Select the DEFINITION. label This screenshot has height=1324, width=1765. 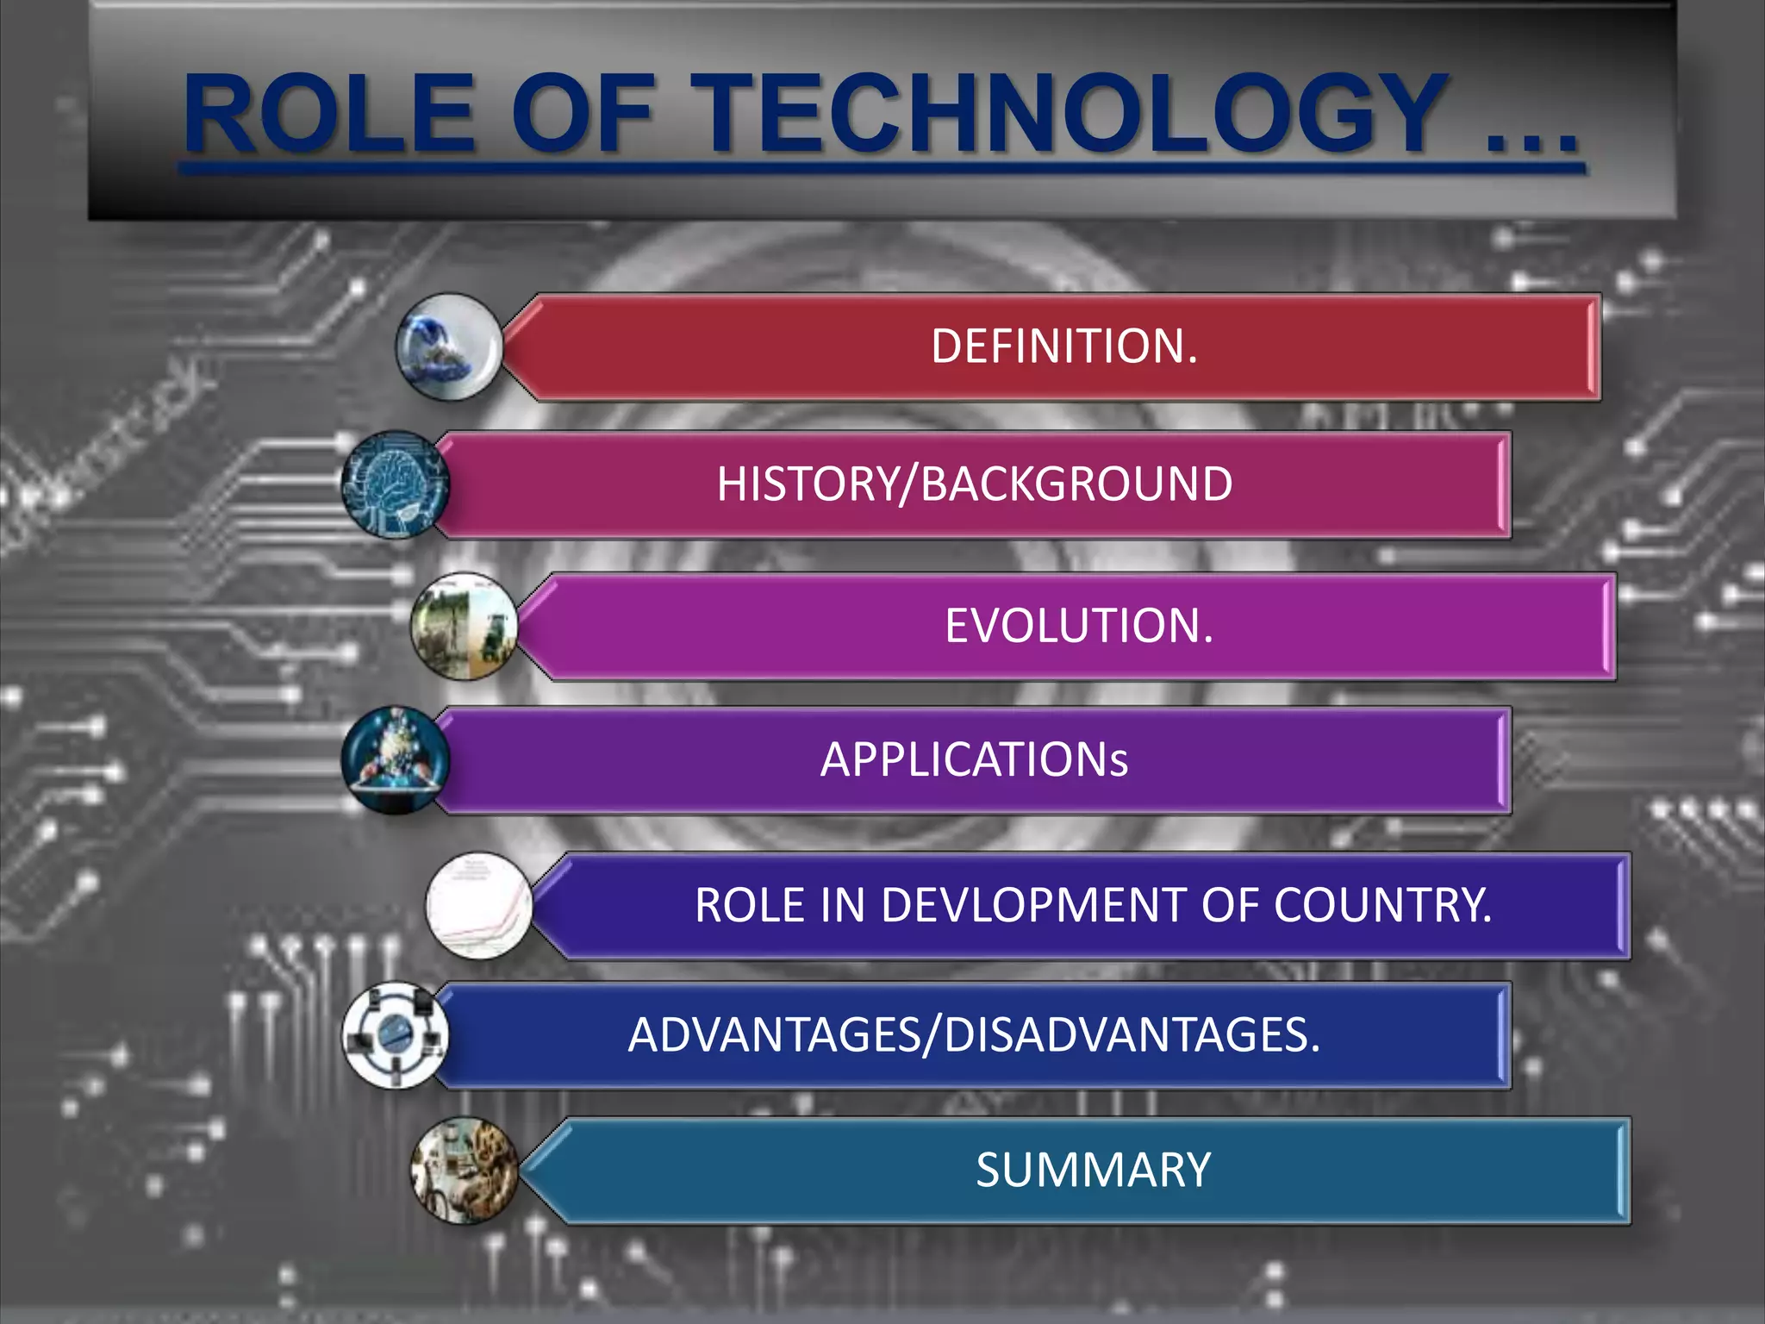tap(1064, 347)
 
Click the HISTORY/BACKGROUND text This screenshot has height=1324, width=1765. tap(975, 484)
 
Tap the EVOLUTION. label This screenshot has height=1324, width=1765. tap(1079, 626)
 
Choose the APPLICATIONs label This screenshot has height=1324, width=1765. tap(974, 760)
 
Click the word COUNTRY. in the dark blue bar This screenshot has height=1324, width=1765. tap(1382, 905)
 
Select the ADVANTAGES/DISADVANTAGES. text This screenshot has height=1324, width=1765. tap(974, 1035)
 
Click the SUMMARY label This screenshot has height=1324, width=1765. tap(1093, 1171)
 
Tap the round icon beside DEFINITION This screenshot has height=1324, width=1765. tap(448, 347)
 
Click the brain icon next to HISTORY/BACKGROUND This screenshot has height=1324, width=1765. tap(395, 484)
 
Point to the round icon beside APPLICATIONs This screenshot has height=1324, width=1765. tap(395, 760)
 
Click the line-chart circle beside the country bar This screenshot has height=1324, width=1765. tap(479, 906)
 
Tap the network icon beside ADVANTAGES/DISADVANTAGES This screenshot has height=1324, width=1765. tap(395, 1035)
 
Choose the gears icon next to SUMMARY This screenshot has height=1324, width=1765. tap(465, 1171)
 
